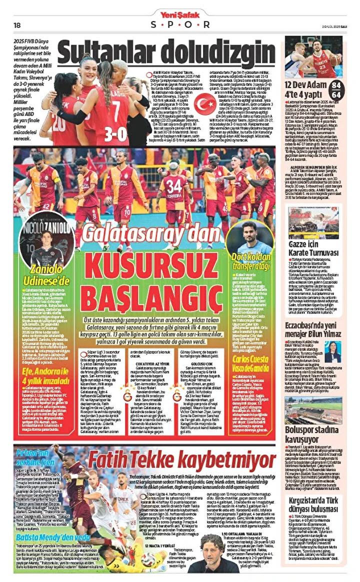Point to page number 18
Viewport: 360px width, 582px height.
point(17,25)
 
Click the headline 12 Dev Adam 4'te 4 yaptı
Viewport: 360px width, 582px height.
point(306,89)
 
